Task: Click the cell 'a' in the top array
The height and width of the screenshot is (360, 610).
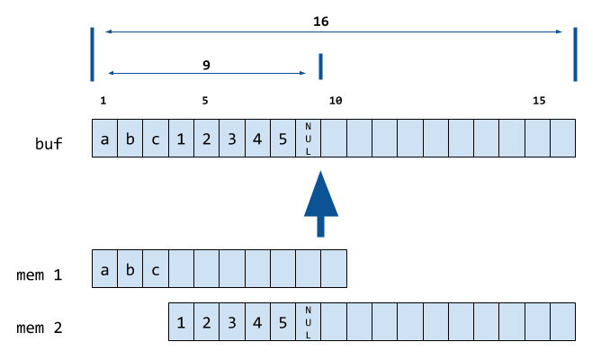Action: (x=105, y=139)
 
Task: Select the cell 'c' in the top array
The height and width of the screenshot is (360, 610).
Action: (x=156, y=139)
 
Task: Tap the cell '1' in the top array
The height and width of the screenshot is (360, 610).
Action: (x=181, y=139)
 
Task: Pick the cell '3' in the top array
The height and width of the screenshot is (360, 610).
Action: (x=232, y=139)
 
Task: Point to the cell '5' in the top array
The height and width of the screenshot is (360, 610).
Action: (x=283, y=139)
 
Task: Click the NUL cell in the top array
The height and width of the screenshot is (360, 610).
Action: (x=308, y=139)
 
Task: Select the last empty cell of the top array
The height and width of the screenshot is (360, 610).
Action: (x=562, y=139)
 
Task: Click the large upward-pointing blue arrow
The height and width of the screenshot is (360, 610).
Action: (x=321, y=203)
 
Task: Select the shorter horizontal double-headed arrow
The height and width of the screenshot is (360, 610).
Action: (x=207, y=72)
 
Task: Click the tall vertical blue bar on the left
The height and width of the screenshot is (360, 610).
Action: (x=92, y=54)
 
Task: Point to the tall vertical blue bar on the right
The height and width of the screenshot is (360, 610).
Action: (x=575, y=54)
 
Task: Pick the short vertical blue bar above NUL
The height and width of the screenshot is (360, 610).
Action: (x=320, y=67)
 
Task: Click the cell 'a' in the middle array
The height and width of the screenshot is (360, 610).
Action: (x=105, y=269)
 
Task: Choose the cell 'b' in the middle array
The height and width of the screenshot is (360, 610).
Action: (x=130, y=269)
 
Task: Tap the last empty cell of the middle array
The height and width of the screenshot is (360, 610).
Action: (x=334, y=269)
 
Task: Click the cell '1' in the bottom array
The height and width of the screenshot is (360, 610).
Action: (x=182, y=321)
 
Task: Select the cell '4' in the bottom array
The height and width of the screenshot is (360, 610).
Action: (x=257, y=321)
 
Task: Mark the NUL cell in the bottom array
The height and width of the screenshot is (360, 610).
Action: (x=308, y=321)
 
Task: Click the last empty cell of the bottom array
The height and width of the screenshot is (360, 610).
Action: (x=562, y=321)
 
